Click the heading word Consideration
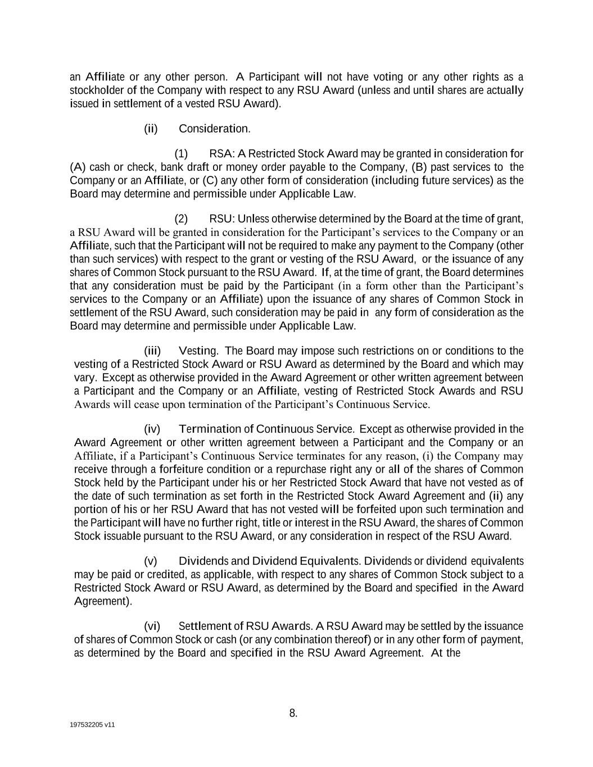214,129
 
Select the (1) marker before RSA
181,154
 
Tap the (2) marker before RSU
181,219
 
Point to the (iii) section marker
152,351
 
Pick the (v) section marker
151,561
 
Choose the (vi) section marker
152,627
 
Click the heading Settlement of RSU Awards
245,627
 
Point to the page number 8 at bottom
293,714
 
